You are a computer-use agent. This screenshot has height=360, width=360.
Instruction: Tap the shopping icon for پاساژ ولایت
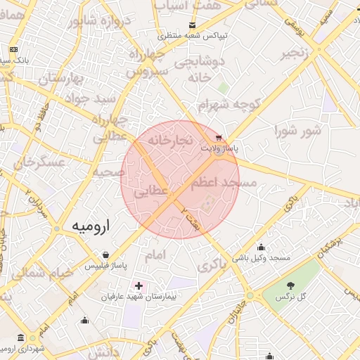220,138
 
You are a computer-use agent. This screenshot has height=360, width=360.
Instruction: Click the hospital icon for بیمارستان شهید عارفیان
139,286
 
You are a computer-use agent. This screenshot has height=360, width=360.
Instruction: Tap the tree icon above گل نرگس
291,285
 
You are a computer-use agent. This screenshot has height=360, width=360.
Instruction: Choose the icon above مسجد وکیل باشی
262,247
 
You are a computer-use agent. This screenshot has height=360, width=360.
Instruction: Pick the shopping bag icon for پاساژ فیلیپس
105,255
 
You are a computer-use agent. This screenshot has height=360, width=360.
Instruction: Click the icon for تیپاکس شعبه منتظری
192,25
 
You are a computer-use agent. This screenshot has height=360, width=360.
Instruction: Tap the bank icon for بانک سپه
14,50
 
